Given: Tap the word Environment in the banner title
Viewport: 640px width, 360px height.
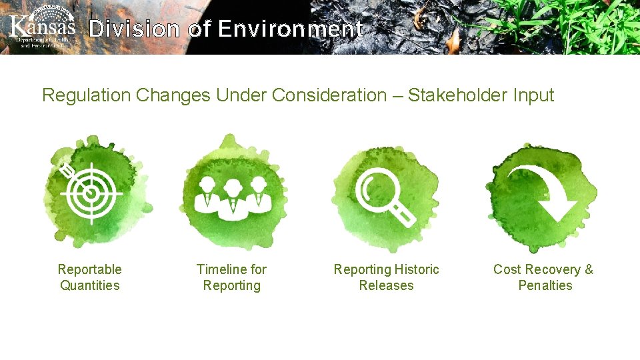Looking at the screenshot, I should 290,29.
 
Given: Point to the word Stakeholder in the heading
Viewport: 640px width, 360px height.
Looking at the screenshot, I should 458,95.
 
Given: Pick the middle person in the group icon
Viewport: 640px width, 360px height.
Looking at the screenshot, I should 232,195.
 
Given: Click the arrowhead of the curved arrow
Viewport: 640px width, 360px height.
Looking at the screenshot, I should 557,209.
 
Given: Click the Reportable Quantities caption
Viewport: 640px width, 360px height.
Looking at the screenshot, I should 90,277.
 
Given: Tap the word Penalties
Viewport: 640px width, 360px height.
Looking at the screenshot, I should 545,285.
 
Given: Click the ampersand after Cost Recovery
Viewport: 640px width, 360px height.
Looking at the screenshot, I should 589,269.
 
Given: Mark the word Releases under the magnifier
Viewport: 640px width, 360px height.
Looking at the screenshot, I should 387,285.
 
